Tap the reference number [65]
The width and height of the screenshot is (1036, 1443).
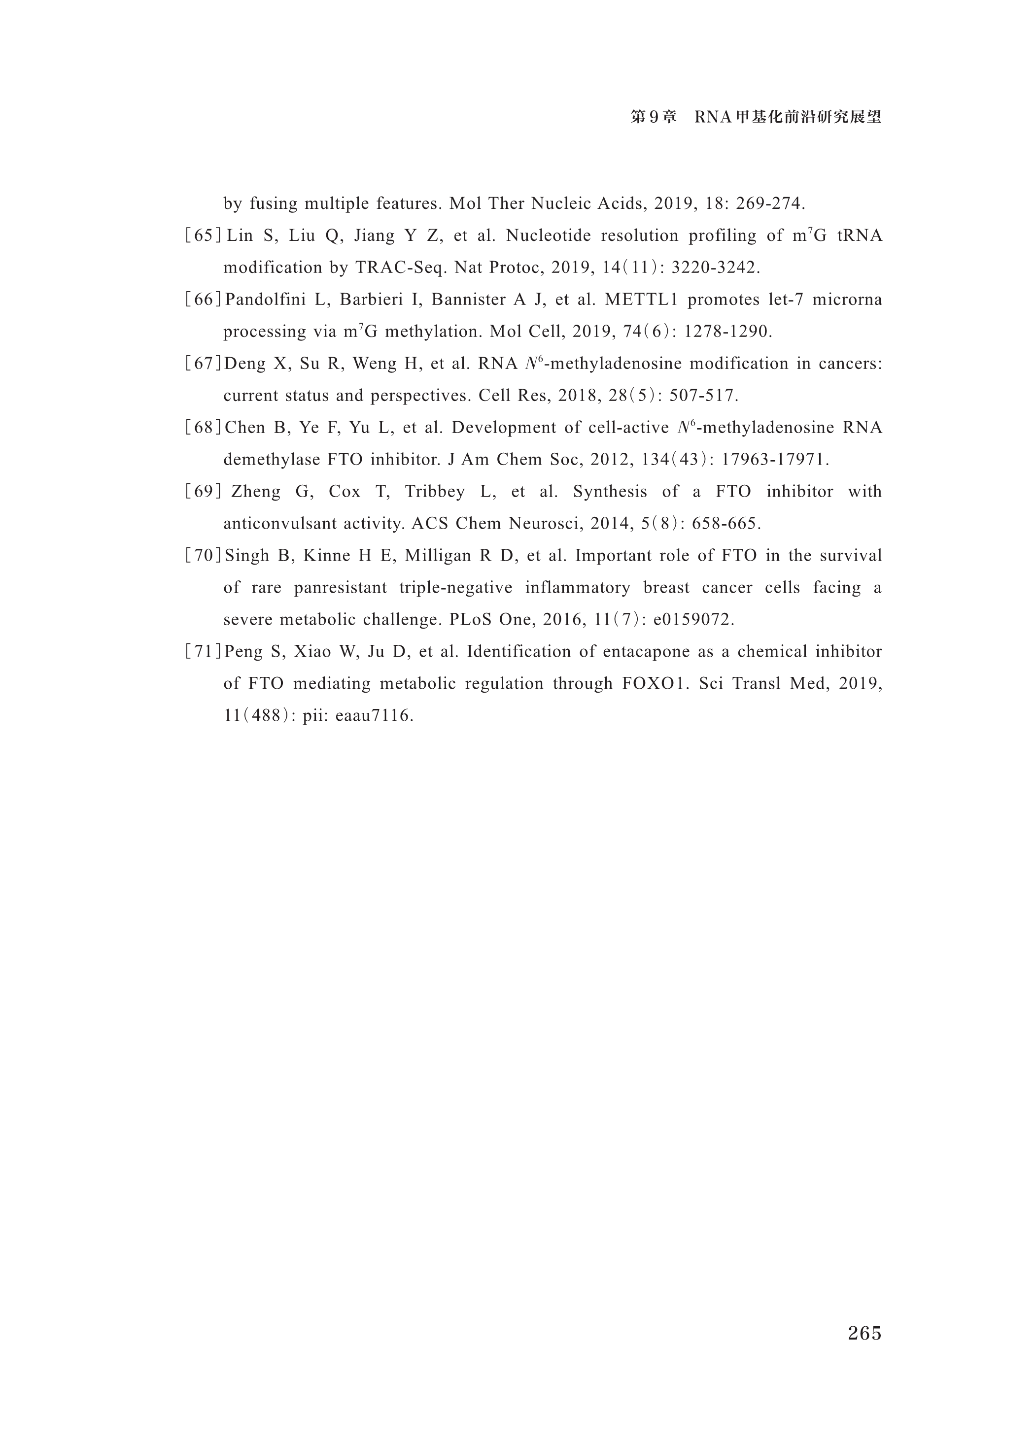tap(203, 236)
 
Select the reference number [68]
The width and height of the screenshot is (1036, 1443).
tap(203, 428)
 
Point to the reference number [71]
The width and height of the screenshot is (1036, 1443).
tap(203, 651)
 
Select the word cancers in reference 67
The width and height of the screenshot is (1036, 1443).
tap(850, 364)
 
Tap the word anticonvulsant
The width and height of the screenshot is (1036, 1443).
tap(280, 524)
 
